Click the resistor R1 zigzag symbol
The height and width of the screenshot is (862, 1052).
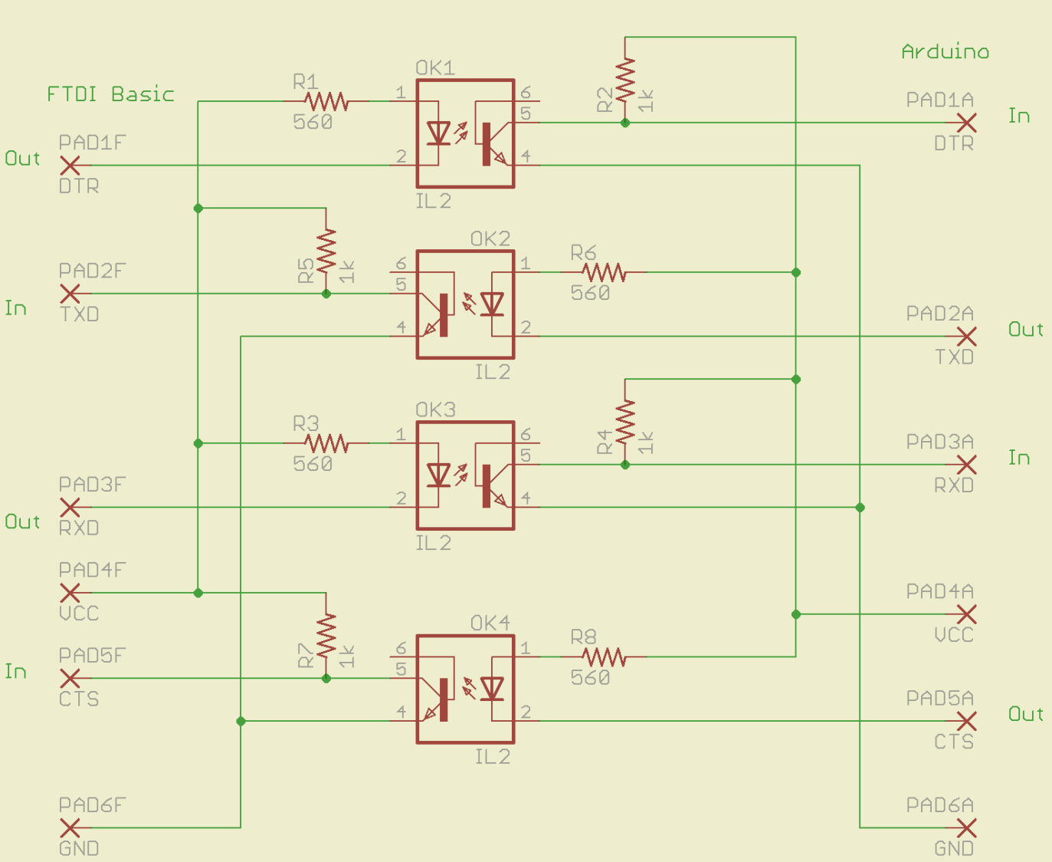(326, 100)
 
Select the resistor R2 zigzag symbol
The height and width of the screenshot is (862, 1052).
(625, 80)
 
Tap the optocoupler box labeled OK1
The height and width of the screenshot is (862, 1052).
(465, 133)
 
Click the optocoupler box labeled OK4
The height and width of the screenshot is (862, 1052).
(465, 689)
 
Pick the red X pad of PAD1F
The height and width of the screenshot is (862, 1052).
(70, 165)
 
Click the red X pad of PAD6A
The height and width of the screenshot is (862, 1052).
(967, 827)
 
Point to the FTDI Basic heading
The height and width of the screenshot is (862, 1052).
(110, 94)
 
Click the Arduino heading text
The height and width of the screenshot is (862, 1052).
(945, 51)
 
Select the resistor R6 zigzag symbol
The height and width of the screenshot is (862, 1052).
(604, 272)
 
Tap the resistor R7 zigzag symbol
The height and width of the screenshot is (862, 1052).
(326, 635)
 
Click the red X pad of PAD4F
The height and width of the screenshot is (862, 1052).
(70, 593)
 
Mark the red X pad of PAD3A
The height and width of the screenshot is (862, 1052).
(967, 465)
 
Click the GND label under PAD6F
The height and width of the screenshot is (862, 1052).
(79, 848)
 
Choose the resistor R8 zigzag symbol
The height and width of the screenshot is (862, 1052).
(604, 656)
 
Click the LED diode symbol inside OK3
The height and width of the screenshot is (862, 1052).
(438, 475)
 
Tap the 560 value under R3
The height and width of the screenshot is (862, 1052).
(313, 464)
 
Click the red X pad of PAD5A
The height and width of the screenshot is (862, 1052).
(967, 721)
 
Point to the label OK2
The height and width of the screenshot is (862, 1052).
(490, 239)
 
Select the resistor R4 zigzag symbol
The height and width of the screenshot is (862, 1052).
(625, 422)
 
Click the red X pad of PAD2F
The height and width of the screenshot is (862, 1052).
(70, 294)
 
